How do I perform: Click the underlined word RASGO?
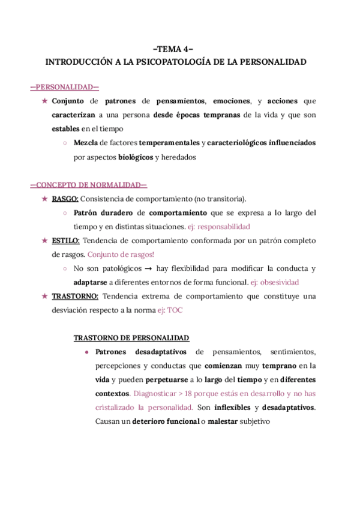(x=65, y=199)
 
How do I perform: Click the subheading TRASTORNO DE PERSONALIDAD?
(x=131, y=337)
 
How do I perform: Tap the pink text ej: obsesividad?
(x=275, y=282)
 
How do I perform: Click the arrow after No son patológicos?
(x=145, y=269)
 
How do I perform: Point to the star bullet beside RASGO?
(x=44, y=199)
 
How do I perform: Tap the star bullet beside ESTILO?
(x=44, y=241)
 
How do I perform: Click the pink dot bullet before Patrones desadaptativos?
(x=87, y=352)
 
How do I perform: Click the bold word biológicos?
(x=135, y=157)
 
